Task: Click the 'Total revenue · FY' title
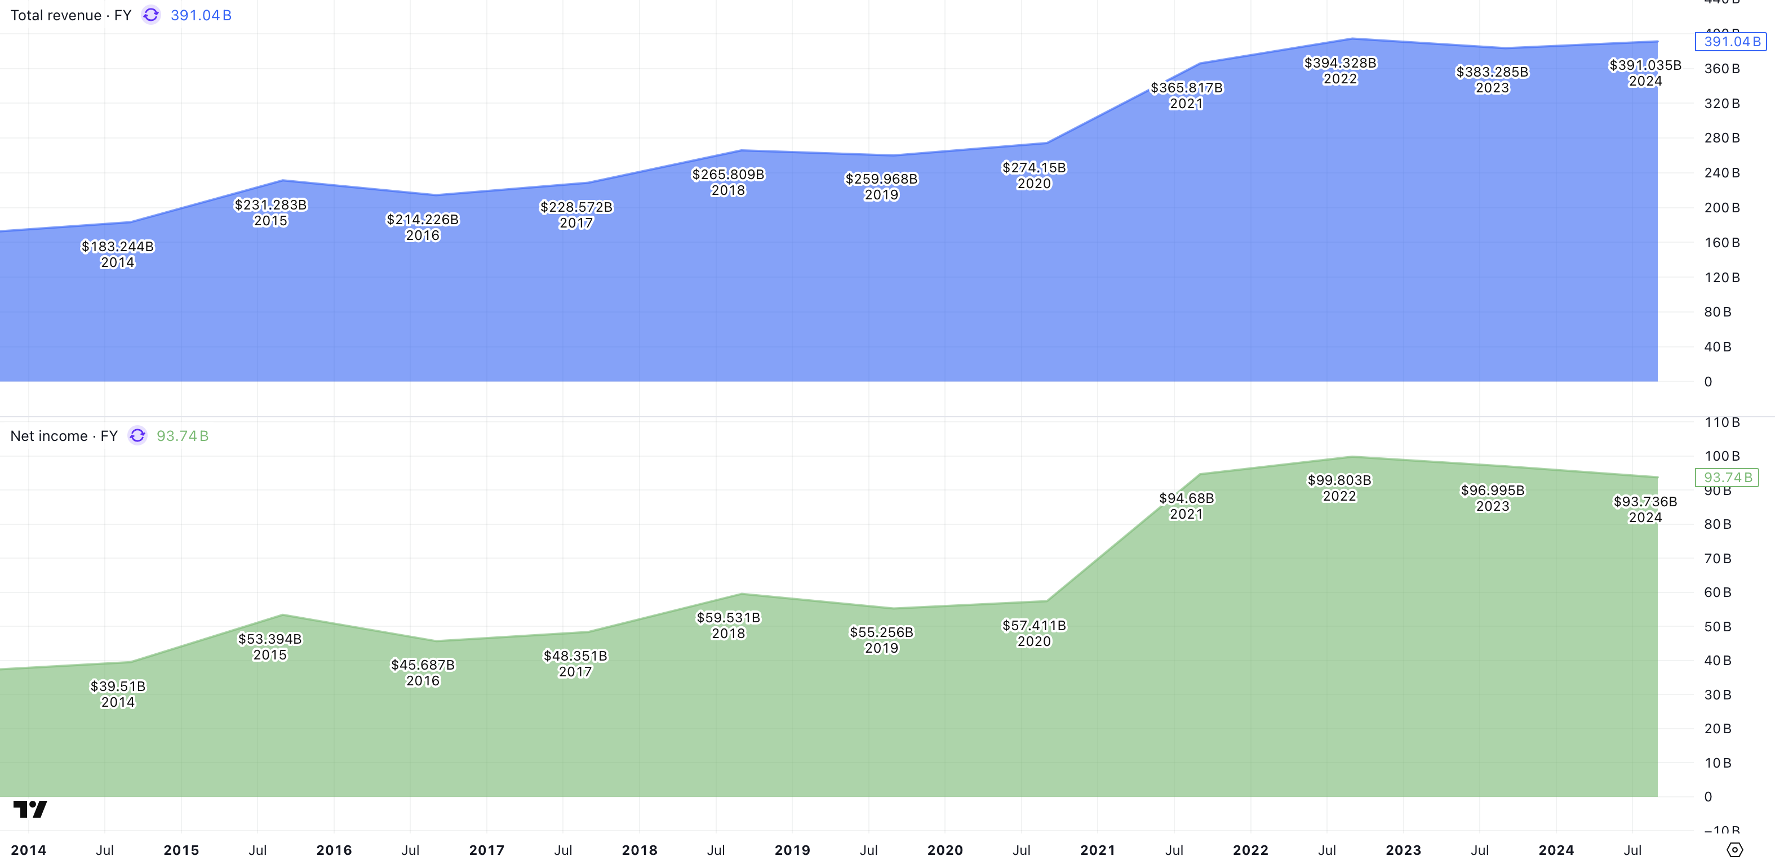point(70,15)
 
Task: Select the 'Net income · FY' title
point(63,436)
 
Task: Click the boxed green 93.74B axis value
point(1727,477)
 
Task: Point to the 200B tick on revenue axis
point(1721,208)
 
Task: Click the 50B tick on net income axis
point(1717,627)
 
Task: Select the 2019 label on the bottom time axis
point(792,850)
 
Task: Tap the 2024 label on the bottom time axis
point(1556,850)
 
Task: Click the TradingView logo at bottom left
point(30,809)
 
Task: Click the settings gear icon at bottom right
point(1734,850)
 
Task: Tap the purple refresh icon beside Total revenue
point(151,15)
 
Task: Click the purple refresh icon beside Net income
point(138,436)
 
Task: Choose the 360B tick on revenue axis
point(1721,69)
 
